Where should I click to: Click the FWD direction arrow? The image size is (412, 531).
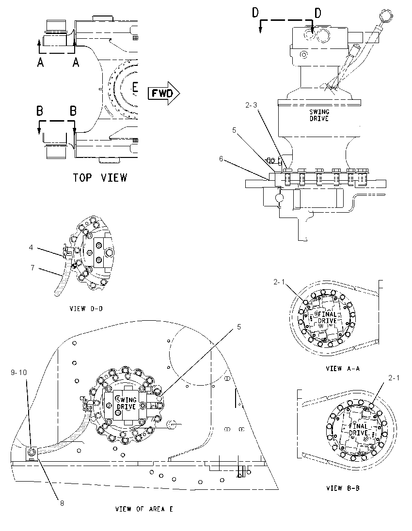click(x=164, y=93)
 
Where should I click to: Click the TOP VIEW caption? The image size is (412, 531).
click(x=100, y=177)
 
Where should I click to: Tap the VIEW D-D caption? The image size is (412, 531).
click(x=86, y=309)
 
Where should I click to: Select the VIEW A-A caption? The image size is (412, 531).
click(x=343, y=368)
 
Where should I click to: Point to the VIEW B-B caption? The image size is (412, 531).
click(x=343, y=488)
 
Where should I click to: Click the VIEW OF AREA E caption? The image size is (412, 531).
click(x=144, y=509)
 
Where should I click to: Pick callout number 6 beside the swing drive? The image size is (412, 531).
click(x=221, y=158)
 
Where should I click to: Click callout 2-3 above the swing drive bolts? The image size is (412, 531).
click(x=252, y=105)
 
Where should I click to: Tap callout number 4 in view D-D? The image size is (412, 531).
click(x=31, y=248)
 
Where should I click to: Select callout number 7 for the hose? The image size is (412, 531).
click(x=32, y=267)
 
